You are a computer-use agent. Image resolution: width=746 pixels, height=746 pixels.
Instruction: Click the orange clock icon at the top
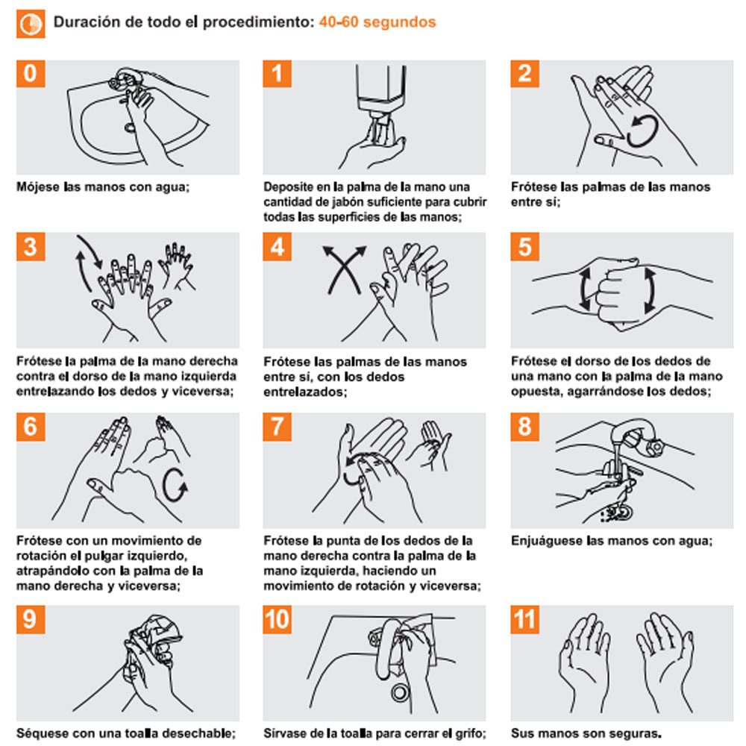(31, 23)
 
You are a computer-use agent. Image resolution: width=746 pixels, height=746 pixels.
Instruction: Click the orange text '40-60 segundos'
(377, 22)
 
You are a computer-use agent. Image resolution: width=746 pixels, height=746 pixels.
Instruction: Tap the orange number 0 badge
(31, 74)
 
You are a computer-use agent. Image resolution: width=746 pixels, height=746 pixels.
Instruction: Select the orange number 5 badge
(524, 246)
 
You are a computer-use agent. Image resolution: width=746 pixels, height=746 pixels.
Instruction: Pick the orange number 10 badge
(277, 619)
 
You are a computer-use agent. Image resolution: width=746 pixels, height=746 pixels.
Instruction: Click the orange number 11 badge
(524, 619)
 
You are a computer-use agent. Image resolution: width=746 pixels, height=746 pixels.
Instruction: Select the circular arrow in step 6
(175, 486)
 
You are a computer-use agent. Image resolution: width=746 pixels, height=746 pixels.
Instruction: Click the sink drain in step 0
(130, 128)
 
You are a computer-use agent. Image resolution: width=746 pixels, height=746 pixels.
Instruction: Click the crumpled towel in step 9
(154, 640)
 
